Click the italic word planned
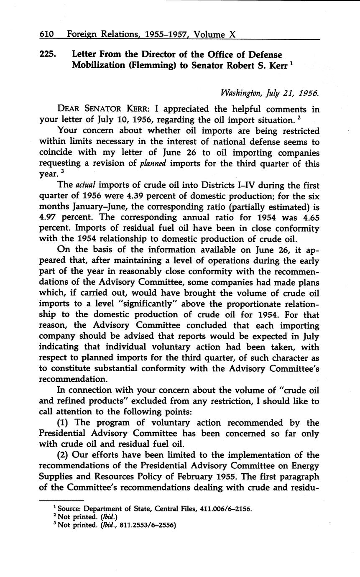(153, 163)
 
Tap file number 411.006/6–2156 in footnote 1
(225, 509)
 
